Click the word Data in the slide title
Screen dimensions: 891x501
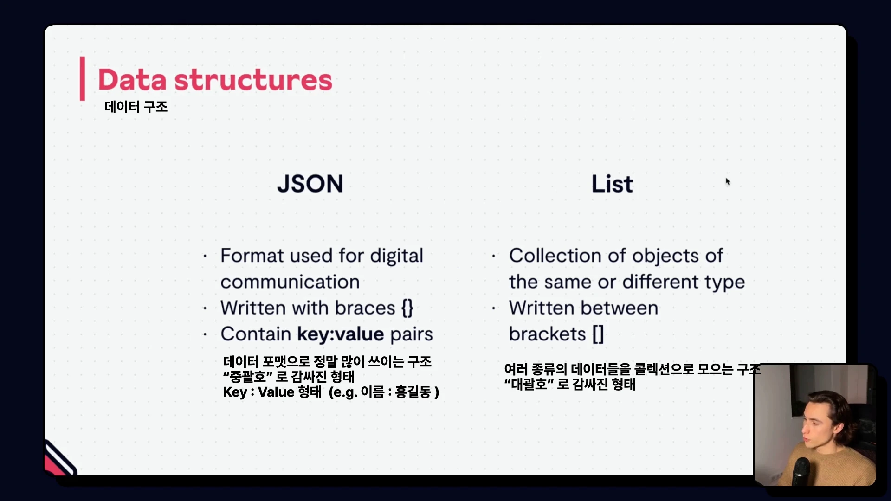tap(132, 80)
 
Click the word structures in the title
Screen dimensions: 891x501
tap(253, 80)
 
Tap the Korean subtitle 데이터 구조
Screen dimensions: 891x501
tap(136, 107)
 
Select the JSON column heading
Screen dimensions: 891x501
tap(310, 184)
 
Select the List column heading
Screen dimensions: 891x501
tap(612, 184)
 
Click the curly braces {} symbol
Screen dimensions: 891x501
tap(407, 308)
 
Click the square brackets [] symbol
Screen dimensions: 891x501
tap(598, 334)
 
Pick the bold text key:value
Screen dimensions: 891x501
tap(341, 334)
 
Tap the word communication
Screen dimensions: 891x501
tap(290, 282)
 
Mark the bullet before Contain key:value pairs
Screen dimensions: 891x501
tap(205, 334)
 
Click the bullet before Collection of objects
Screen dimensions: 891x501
tap(493, 256)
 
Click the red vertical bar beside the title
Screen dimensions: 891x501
tap(82, 78)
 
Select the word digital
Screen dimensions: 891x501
tap(396, 256)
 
